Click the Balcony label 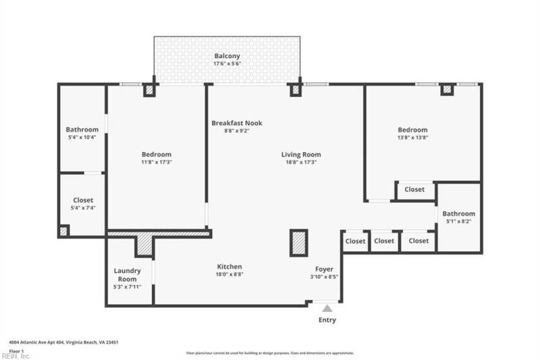click(227, 56)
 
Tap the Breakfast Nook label click(236, 123)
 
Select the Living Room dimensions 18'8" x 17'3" click(301, 162)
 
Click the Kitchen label click(229, 267)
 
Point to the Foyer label click(325, 269)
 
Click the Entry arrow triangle click(327, 308)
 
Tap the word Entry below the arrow click(327, 319)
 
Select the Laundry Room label click(127, 275)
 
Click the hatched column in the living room click(298, 242)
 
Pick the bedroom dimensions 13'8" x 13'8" click(412, 137)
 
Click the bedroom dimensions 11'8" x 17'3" click(156, 162)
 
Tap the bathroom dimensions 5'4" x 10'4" click(82, 137)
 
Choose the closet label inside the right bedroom click(414, 190)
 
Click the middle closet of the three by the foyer click(384, 241)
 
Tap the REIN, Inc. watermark click(16, 356)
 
